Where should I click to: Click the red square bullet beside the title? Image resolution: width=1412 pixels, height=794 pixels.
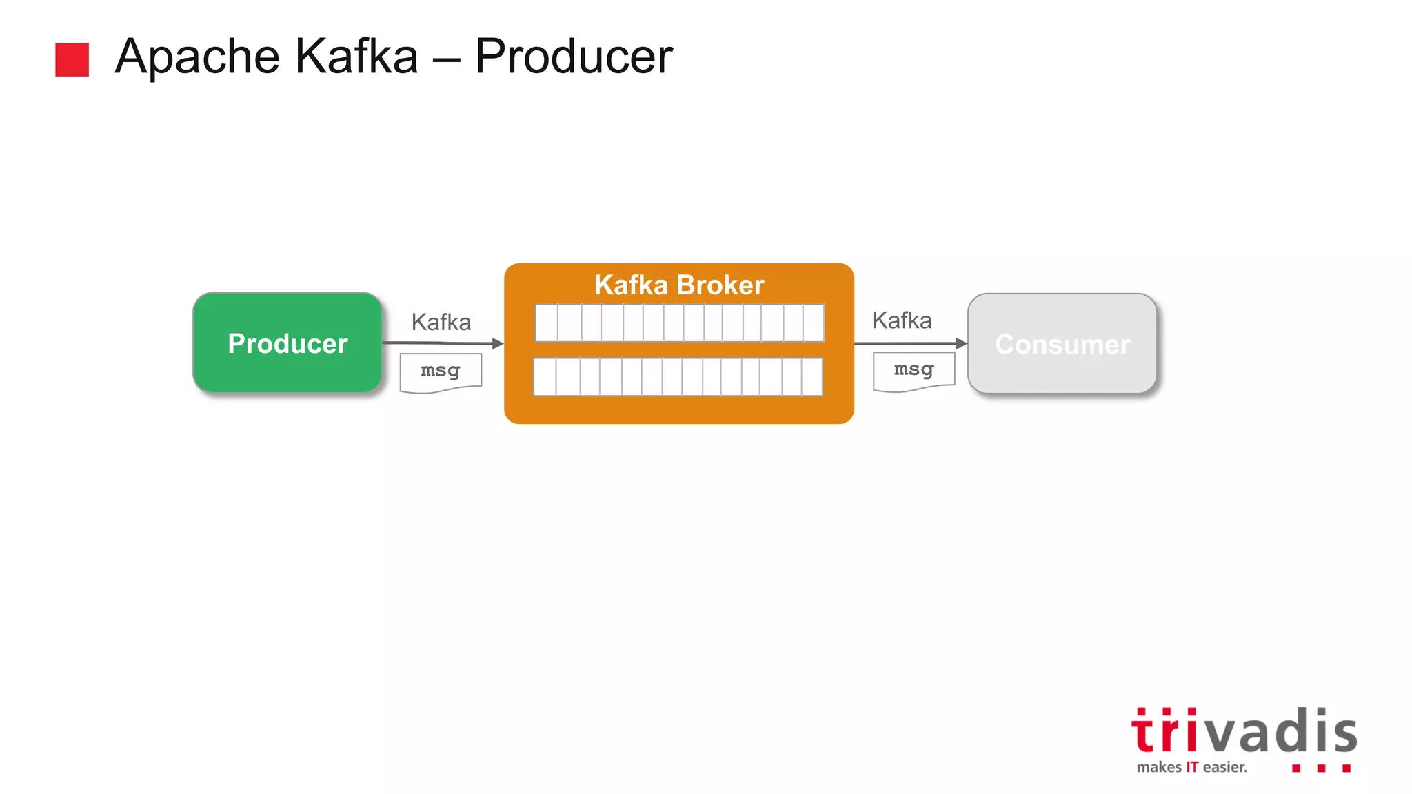(x=72, y=59)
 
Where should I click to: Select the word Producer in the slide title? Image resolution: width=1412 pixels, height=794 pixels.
(x=574, y=57)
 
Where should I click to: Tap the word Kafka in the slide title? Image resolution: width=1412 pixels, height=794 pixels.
(x=356, y=57)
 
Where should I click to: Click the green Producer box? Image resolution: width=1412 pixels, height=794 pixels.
(x=288, y=343)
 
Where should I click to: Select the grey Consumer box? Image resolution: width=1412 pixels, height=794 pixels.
(x=1062, y=344)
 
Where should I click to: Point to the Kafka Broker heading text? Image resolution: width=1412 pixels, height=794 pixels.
(x=679, y=285)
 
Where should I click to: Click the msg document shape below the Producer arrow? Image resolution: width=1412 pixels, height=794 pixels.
(x=441, y=372)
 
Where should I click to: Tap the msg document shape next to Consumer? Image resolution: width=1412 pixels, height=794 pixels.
(x=914, y=371)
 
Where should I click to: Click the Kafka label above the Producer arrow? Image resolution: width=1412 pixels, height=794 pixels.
(x=441, y=322)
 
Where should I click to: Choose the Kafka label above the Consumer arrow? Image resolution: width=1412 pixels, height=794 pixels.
(x=902, y=320)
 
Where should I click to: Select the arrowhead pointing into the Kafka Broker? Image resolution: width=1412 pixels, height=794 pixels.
(x=498, y=343)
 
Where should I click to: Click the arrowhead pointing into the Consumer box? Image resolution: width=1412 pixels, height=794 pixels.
(x=962, y=343)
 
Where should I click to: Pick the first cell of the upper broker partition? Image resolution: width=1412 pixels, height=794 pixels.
(x=546, y=323)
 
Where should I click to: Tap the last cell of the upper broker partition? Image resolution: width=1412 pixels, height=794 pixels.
(x=814, y=323)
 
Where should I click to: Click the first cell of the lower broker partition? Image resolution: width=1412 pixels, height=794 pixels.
(x=545, y=376)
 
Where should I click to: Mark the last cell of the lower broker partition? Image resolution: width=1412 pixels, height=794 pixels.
(x=812, y=376)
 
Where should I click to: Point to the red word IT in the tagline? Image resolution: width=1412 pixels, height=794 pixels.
(x=1192, y=767)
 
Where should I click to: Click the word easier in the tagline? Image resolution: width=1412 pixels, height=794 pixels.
(x=1225, y=767)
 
